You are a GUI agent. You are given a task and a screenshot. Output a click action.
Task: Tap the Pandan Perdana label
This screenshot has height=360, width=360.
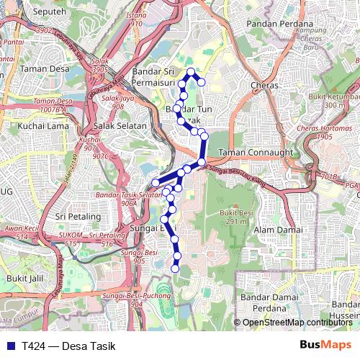[x=277, y=23]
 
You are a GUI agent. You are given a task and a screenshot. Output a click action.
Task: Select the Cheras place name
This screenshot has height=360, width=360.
[x=264, y=85]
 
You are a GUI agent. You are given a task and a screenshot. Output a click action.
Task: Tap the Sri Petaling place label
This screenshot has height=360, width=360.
[x=81, y=215]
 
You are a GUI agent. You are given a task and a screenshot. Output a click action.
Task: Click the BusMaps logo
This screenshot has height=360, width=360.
[x=325, y=346]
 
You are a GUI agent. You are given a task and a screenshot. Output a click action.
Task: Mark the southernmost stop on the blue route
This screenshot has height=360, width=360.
[x=175, y=269]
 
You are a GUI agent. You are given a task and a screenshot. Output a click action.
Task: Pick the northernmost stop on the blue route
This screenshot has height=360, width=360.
[x=192, y=71]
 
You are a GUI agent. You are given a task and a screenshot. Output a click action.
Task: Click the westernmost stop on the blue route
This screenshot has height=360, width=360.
[x=155, y=183]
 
